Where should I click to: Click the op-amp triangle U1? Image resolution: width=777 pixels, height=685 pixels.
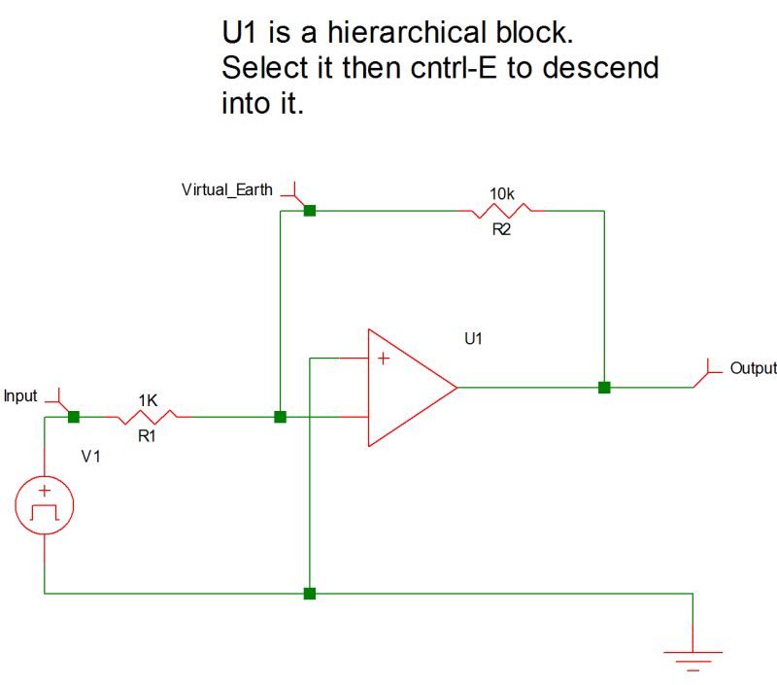point(408,388)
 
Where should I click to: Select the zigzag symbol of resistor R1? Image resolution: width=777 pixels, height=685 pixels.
point(148,417)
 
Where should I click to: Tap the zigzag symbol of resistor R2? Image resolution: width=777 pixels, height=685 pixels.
point(501,210)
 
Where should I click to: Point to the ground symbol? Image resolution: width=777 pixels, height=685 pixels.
point(693,659)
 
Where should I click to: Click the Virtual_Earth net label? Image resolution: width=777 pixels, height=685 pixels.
point(227,189)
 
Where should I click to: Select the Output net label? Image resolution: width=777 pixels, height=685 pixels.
point(753,368)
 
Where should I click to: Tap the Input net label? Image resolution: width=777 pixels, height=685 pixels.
point(20,396)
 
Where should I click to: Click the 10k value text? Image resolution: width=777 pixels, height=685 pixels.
point(501,194)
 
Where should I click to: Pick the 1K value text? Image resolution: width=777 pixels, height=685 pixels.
point(148,400)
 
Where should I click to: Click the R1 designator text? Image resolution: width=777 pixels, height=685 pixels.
point(147,437)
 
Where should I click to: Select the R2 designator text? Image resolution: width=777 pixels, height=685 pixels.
point(501,229)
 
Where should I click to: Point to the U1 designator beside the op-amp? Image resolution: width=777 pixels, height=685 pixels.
point(474,339)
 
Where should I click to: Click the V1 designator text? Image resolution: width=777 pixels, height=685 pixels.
point(90,457)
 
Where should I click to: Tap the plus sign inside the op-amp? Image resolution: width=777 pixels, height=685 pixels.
point(384,360)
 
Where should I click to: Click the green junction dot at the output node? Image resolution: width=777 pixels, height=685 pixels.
point(604,388)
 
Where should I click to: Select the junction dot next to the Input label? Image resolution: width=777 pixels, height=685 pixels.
point(73,417)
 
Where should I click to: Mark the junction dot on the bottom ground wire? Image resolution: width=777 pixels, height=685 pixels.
point(309,593)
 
